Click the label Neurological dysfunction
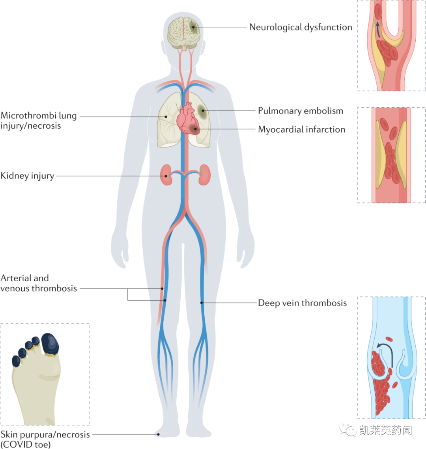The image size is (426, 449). point(301,27)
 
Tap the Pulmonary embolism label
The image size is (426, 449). point(301,111)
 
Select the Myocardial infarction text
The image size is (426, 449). point(302,129)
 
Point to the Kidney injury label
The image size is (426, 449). point(27,176)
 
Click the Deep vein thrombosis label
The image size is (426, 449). point(303,303)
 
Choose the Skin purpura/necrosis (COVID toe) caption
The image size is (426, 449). point(45,439)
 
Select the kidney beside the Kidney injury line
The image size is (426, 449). point(166,176)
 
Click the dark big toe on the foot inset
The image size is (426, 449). point(50,342)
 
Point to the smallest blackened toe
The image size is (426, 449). point(16,361)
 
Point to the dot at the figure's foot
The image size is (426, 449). point(159,434)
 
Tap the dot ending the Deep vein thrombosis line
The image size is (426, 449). point(202,303)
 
